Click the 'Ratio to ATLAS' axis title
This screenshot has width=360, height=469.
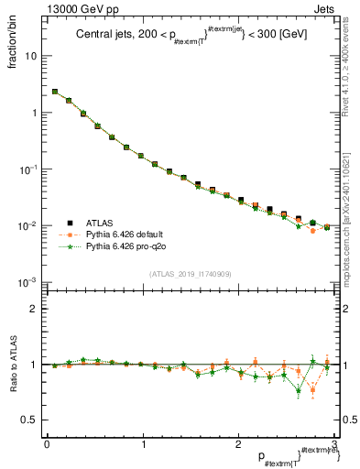point(16,363)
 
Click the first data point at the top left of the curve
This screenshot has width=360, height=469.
point(55,92)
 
